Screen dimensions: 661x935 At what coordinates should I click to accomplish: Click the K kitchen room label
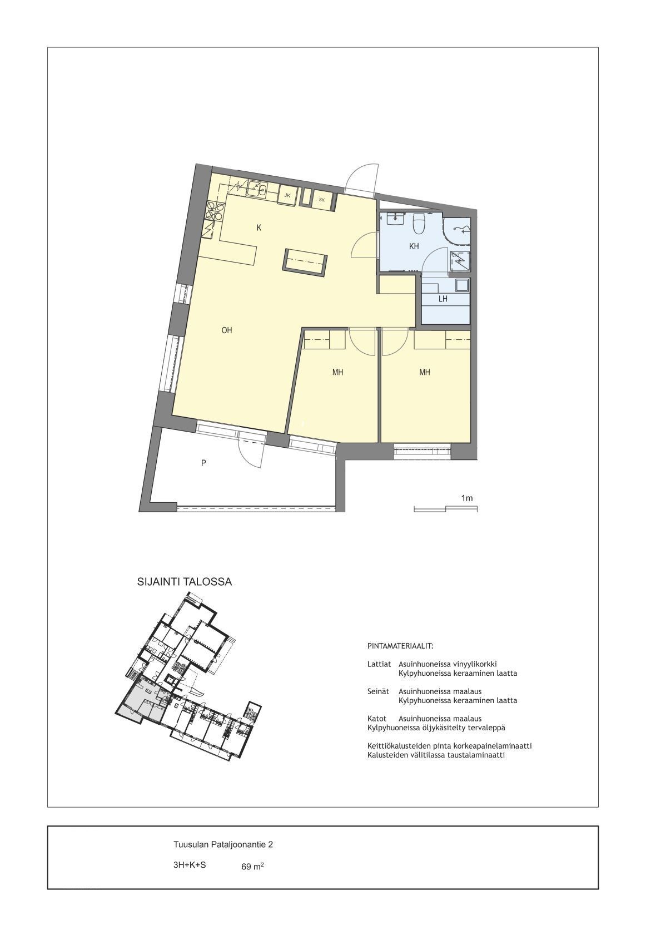point(259,228)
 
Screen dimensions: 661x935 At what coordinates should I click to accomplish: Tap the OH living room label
point(227,330)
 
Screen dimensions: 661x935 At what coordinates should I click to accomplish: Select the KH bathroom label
point(414,247)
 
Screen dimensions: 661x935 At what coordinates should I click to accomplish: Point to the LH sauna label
point(443,299)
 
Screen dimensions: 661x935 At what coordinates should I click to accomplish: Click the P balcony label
point(203,463)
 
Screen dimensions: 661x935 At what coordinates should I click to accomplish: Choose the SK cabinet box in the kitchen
point(322,200)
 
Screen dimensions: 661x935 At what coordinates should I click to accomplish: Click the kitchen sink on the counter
point(257,189)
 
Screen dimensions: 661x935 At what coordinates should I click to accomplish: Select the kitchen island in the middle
point(305,262)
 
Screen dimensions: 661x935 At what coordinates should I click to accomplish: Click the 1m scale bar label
point(467,498)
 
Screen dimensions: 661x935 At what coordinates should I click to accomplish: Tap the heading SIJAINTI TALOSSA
point(185,582)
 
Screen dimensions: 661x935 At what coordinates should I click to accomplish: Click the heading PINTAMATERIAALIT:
point(400,646)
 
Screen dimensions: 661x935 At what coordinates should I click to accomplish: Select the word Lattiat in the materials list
point(379,664)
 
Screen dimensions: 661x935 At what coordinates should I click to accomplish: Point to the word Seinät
point(378,691)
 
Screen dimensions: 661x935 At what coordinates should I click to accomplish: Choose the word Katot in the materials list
point(377,719)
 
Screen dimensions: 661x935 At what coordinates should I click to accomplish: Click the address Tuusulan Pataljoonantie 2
point(223,844)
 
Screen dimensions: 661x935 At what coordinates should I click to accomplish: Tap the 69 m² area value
point(252,867)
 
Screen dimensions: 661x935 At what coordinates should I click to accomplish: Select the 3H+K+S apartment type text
point(190,865)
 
